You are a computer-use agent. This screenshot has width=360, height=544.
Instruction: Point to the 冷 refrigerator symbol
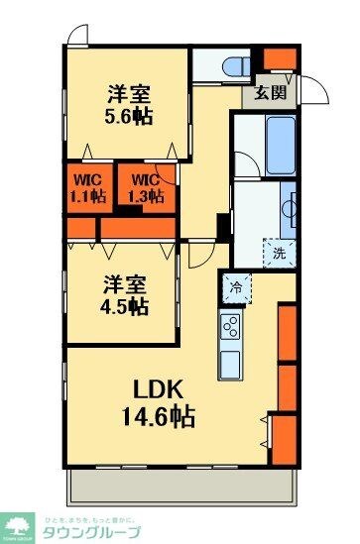click(236, 288)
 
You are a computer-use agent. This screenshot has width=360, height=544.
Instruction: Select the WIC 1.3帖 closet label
click(144, 187)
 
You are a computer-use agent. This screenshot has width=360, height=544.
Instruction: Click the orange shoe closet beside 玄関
click(281, 58)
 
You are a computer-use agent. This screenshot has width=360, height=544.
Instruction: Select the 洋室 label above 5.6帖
click(129, 94)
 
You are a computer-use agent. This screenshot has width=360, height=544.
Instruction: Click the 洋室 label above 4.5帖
click(122, 282)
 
